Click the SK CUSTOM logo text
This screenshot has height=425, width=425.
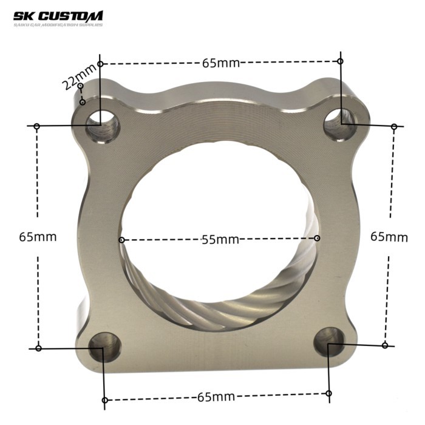pos(58,16)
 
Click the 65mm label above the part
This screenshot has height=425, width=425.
pos(220,63)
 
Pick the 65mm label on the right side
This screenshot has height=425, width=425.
pos(389,236)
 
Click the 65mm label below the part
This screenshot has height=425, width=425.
pos(216,397)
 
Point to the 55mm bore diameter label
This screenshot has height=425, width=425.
pos(220,240)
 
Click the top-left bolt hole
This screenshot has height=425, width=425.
pos(102,125)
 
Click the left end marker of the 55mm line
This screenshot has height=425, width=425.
pos(122,240)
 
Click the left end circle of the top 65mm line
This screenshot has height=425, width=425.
pos(101,64)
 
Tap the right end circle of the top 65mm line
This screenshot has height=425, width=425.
pos(341,61)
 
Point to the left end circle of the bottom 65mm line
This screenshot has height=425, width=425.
pos(105,400)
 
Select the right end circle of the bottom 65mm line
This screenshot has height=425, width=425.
pos(328,393)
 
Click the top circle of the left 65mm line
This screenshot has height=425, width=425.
pos(37,126)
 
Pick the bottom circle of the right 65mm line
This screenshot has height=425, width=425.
pos(385,345)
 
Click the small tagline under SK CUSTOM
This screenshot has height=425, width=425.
pos(58,25)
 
